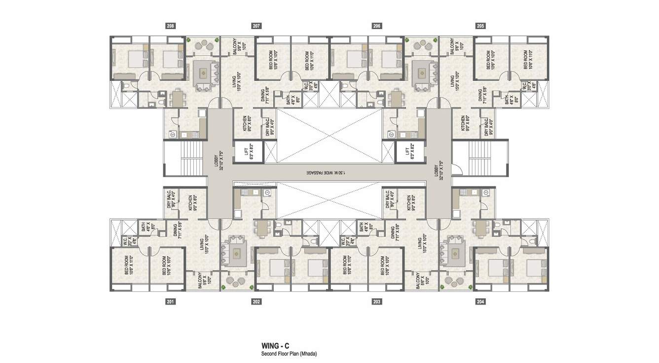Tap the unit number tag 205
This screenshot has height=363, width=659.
(480, 26)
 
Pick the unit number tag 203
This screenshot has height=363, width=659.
(377, 301)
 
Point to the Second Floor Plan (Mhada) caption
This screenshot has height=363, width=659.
(289, 354)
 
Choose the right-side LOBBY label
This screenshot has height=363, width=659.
(438, 170)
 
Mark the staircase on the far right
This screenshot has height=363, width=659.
(477, 158)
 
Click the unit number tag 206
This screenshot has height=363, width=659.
(377, 26)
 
